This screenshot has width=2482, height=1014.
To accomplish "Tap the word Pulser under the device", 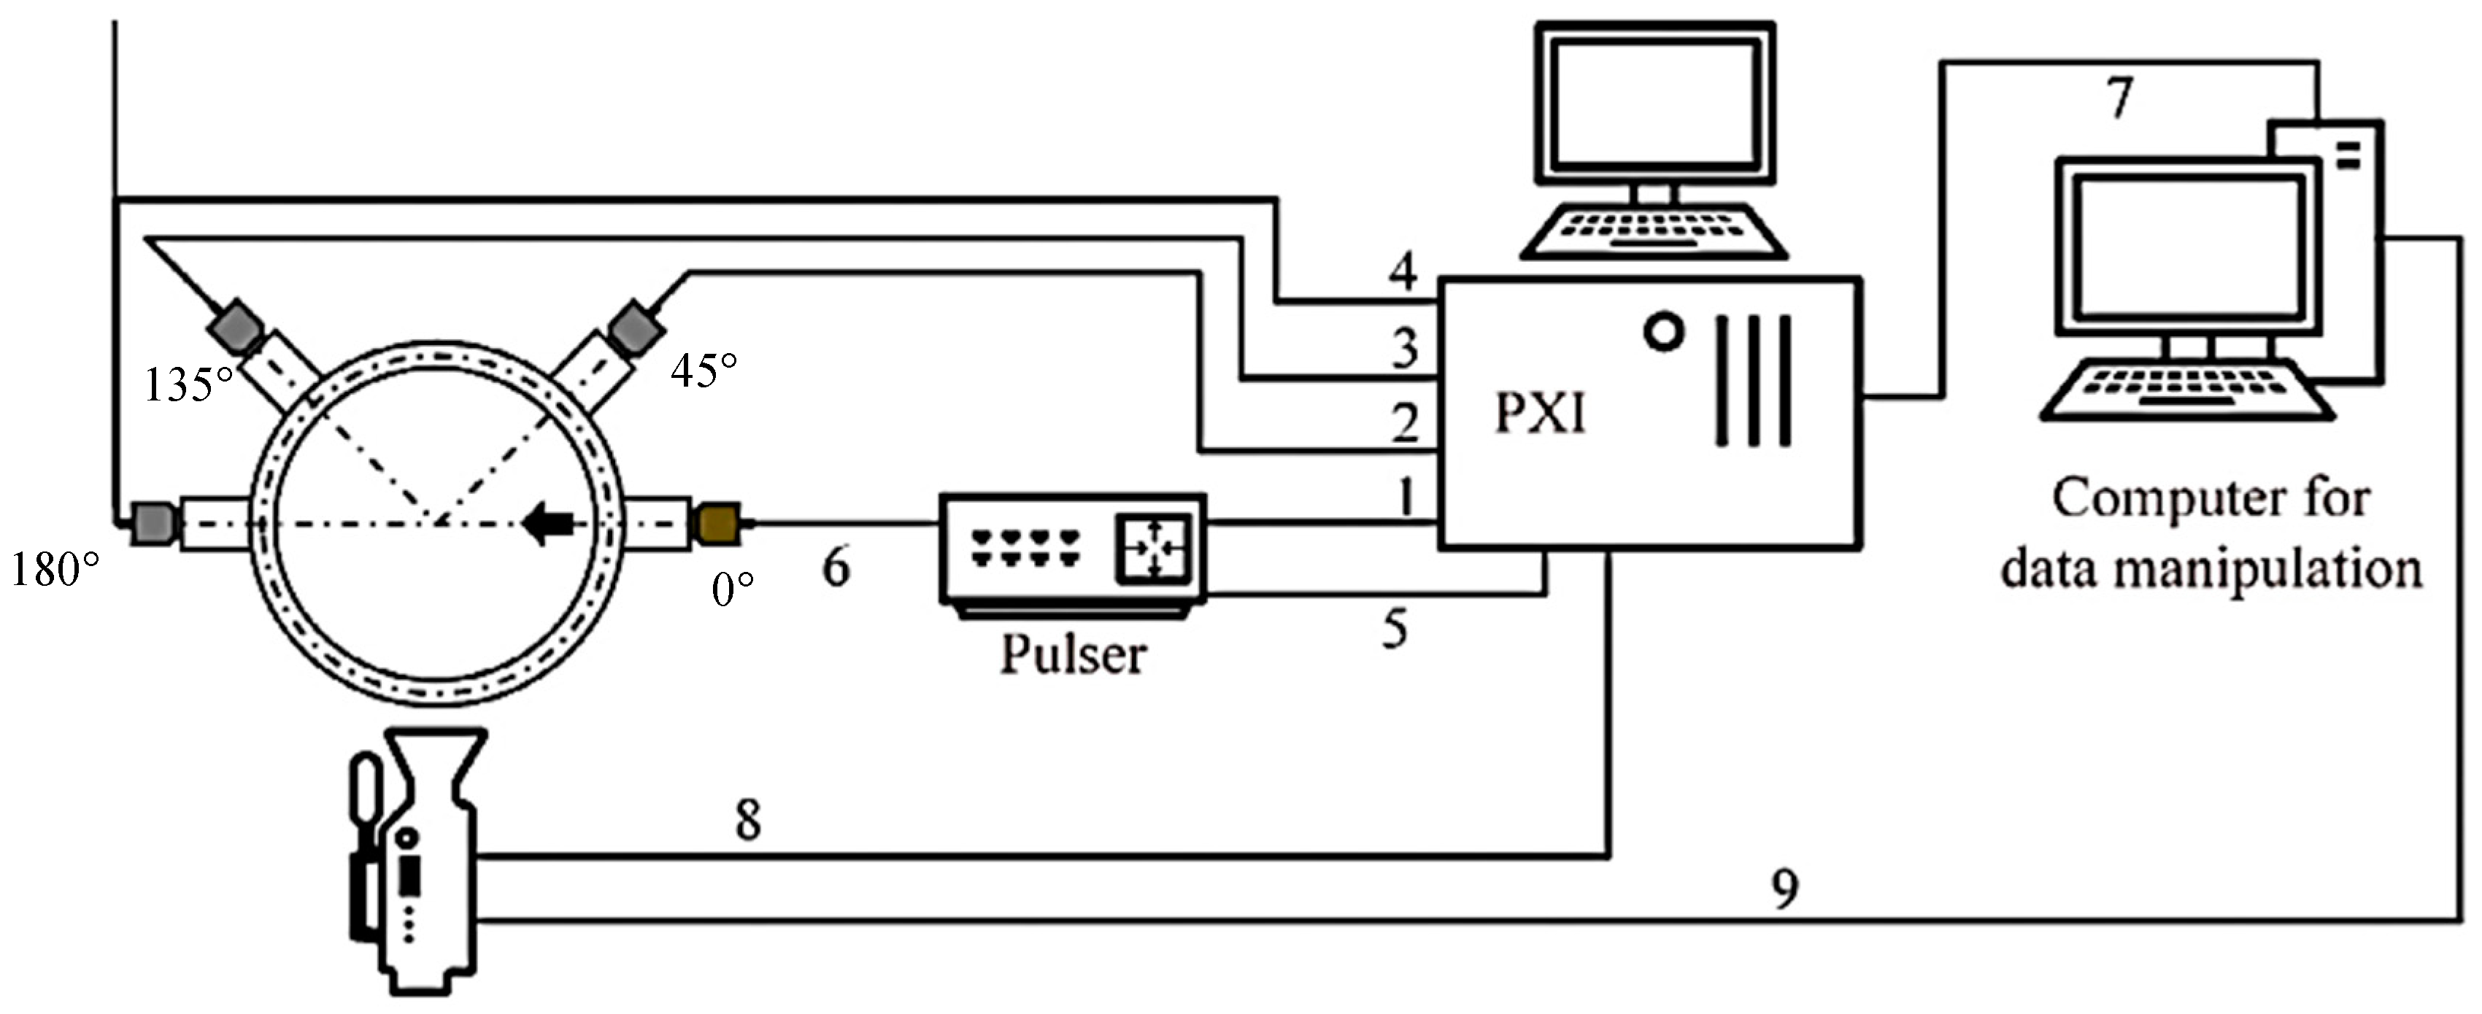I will (x=1072, y=656).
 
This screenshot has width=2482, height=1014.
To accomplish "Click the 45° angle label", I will (x=704, y=370).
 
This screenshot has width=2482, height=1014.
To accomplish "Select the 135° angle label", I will (x=189, y=385).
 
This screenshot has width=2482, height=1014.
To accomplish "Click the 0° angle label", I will (x=732, y=589).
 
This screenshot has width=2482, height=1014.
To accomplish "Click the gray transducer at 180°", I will (x=154, y=523).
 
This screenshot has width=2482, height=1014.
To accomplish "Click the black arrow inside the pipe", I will (x=547, y=524).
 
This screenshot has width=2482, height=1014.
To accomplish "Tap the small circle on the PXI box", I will (x=1663, y=333).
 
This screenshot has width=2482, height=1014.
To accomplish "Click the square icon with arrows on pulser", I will (x=1153, y=549).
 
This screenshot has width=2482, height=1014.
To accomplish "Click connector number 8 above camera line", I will (x=748, y=821).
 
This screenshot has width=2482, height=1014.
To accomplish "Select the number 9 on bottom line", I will (x=1785, y=889).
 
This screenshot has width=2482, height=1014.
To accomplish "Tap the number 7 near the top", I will (x=2119, y=98).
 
